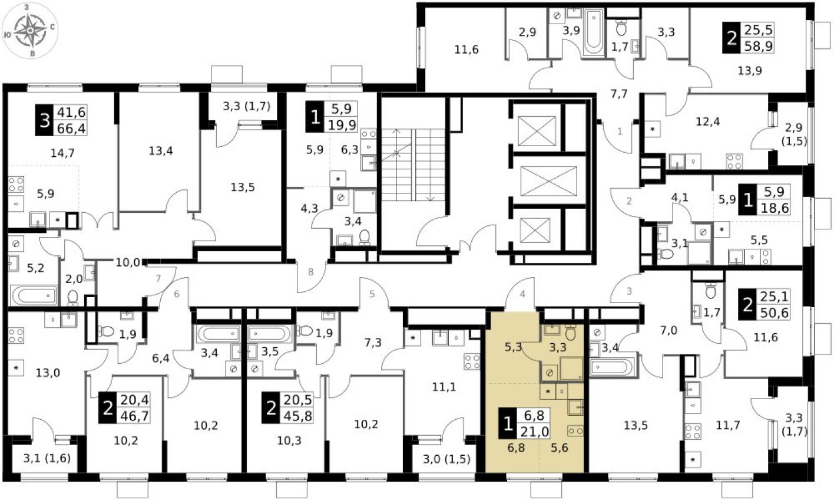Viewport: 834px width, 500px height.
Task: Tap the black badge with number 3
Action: click(45, 120)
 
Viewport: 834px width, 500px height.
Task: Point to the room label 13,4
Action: click(160, 150)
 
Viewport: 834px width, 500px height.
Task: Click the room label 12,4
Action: click(708, 122)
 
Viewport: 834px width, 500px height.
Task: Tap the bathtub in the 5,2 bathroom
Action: click(34, 295)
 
